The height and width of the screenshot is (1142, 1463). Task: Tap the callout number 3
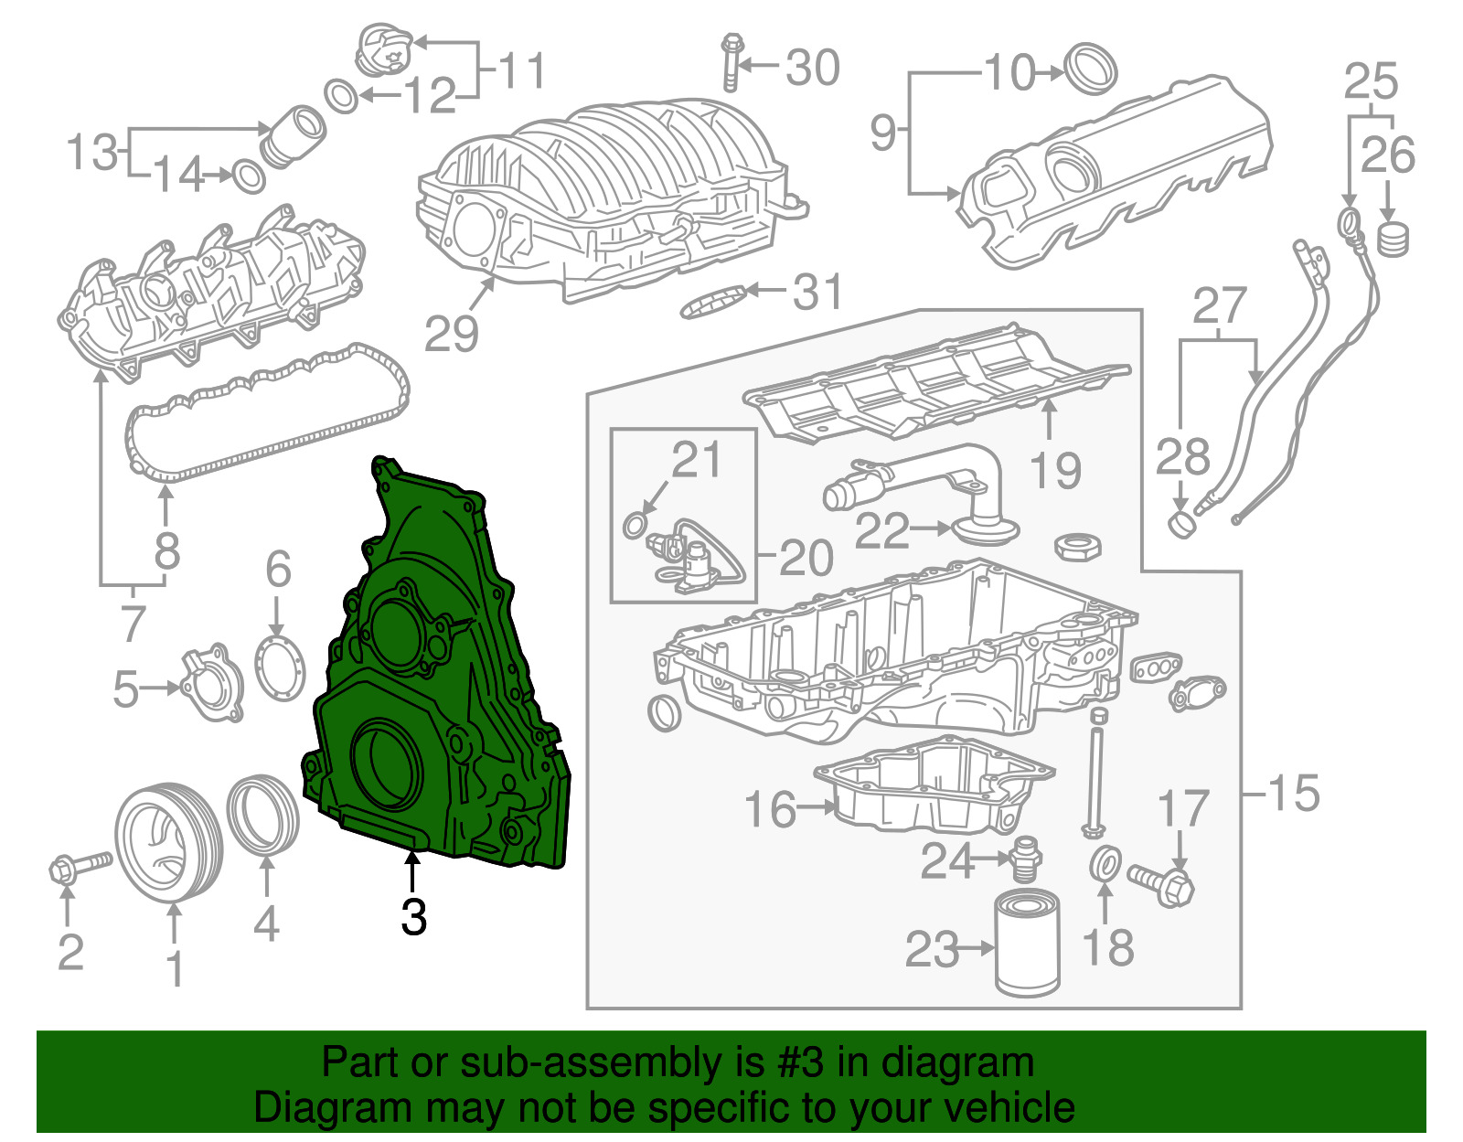pyautogui.click(x=414, y=916)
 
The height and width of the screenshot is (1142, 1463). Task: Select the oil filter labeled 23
pyautogui.click(x=1028, y=946)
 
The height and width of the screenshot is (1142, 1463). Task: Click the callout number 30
pyautogui.click(x=813, y=68)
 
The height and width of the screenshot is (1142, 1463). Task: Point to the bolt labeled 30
pyautogui.click(x=731, y=62)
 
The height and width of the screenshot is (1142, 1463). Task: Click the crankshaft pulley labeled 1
pyautogui.click(x=168, y=841)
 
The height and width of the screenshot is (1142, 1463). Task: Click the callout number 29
pyautogui.click(x=452, y=334)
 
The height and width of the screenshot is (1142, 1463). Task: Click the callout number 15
pyautogui.click(x=1293, y=792)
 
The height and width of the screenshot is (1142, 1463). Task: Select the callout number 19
pyautogui.click(x=1055, y=470)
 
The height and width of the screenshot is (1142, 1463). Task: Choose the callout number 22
pyautogui.click(x=882, y=530)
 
